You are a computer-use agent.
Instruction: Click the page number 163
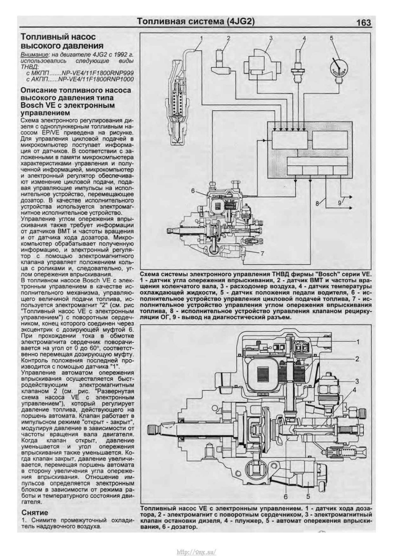pos(364,23)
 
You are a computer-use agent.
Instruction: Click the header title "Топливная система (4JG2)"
pos(196,22)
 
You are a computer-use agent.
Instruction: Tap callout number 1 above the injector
pos(202,38)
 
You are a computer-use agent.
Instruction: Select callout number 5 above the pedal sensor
pos(331,38)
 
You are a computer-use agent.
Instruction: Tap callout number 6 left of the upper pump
pos(193,190)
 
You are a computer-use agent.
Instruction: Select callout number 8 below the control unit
pos(317,203)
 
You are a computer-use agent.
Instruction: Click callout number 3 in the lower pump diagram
pos(357,381)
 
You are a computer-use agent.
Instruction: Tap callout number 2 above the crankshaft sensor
pos(228,38)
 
